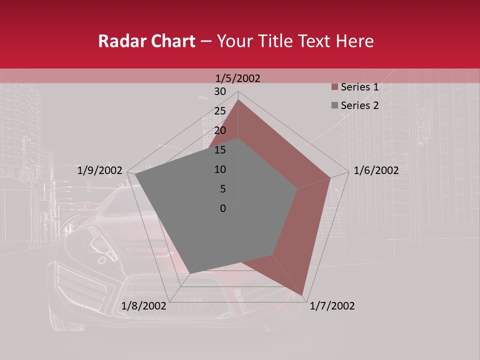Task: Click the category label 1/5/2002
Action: pos(238,78)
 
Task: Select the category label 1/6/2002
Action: pos(376,170)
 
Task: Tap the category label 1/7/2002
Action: pos(332,306)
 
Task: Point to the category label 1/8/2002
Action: pos(144,306)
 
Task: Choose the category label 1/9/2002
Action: pos(100,170)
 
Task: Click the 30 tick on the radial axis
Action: pos(220,91)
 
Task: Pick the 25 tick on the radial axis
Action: pos(220,111)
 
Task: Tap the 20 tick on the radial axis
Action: pos(220,130)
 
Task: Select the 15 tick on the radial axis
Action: pos(220,150)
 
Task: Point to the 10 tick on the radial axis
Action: pos(220,169)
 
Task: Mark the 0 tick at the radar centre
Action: pos(223,208)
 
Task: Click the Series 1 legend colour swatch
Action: pos(334,87)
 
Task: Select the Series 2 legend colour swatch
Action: pos(334,105)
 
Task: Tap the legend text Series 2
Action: pos(359,105)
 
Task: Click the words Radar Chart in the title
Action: pos(146,41)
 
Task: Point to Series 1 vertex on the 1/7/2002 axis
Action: pos(302,295)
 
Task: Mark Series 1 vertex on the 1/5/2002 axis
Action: pos(238,100)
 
